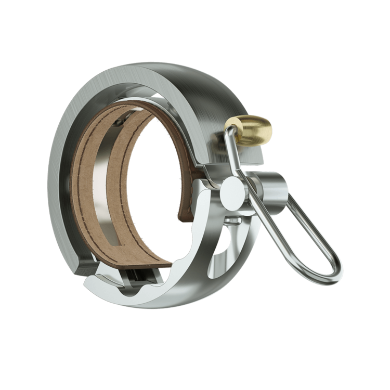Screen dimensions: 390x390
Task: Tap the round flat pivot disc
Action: coord(229,193)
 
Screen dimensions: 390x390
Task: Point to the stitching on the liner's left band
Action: coord(83,198)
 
